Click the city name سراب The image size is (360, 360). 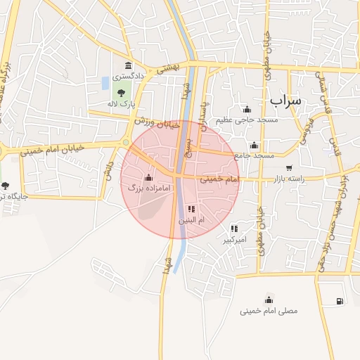point(285,100)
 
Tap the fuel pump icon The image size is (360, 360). point(340,301)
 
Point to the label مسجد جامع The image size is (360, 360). point(256,155)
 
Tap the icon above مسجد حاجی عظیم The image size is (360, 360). point(246,109)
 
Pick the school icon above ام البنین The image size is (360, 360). point(191,209)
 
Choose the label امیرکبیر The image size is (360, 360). point(235,240)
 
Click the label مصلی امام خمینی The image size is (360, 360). point(269,310)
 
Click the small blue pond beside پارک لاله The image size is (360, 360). point(105,83)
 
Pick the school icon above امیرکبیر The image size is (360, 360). point(234,229)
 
